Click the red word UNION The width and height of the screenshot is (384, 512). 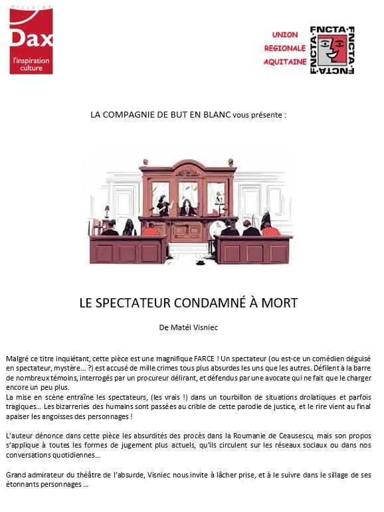[x=285, y=34]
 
